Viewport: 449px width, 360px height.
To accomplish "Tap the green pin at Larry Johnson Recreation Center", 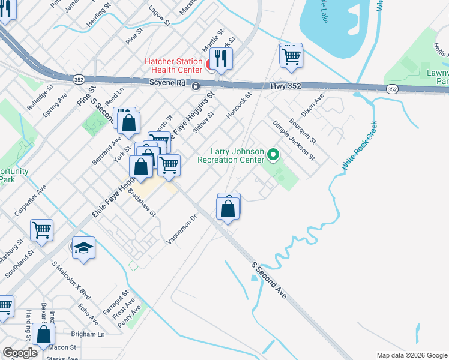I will coord(274,156).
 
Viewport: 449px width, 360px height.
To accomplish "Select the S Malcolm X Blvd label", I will coord(71,281).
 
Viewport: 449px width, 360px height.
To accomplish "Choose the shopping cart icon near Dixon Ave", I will coord(291,56).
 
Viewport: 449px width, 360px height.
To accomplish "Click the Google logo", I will coord(20,353).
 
